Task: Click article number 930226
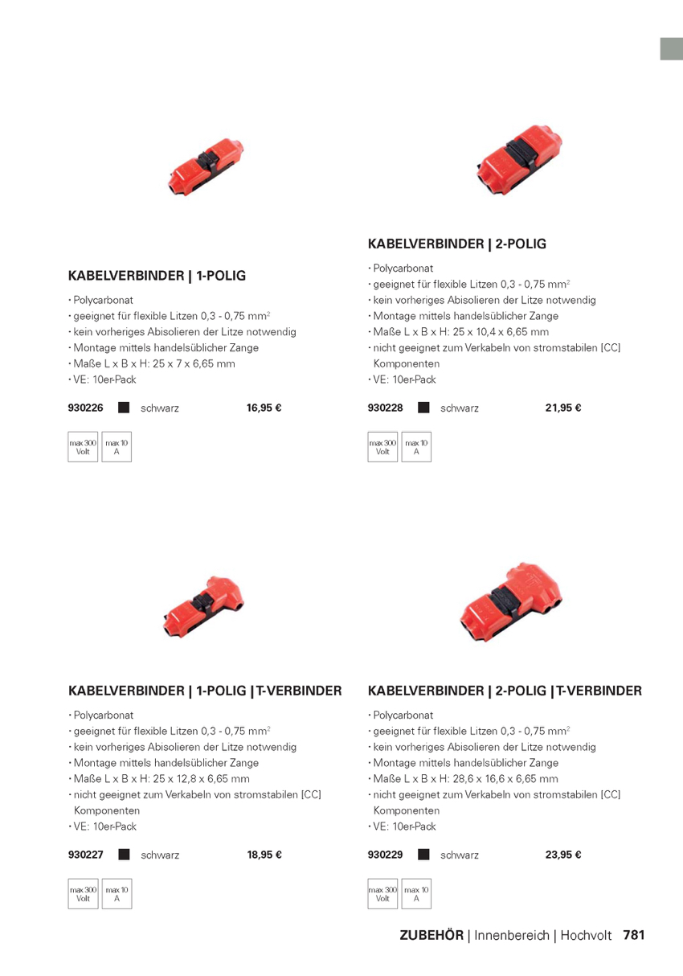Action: click(86, 408)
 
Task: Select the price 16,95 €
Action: click(264, 408)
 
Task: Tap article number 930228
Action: click(385, 408)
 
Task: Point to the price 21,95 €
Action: click(562, 408)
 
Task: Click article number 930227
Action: click(86, 855)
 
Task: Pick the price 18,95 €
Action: click(264, 855)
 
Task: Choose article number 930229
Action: click(385, 855)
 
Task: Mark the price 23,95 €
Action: click(562, 855)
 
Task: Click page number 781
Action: click(634, 935)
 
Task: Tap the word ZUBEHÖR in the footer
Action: click(431, 935)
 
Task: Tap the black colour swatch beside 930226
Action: click(124, 408)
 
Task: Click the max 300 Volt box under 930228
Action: click(382, 447)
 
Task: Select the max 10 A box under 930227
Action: click(117, 894)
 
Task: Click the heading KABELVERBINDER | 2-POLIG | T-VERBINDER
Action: click(505, 691)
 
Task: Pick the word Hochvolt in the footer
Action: click(586, 935)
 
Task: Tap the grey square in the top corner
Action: click(672, 48)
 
